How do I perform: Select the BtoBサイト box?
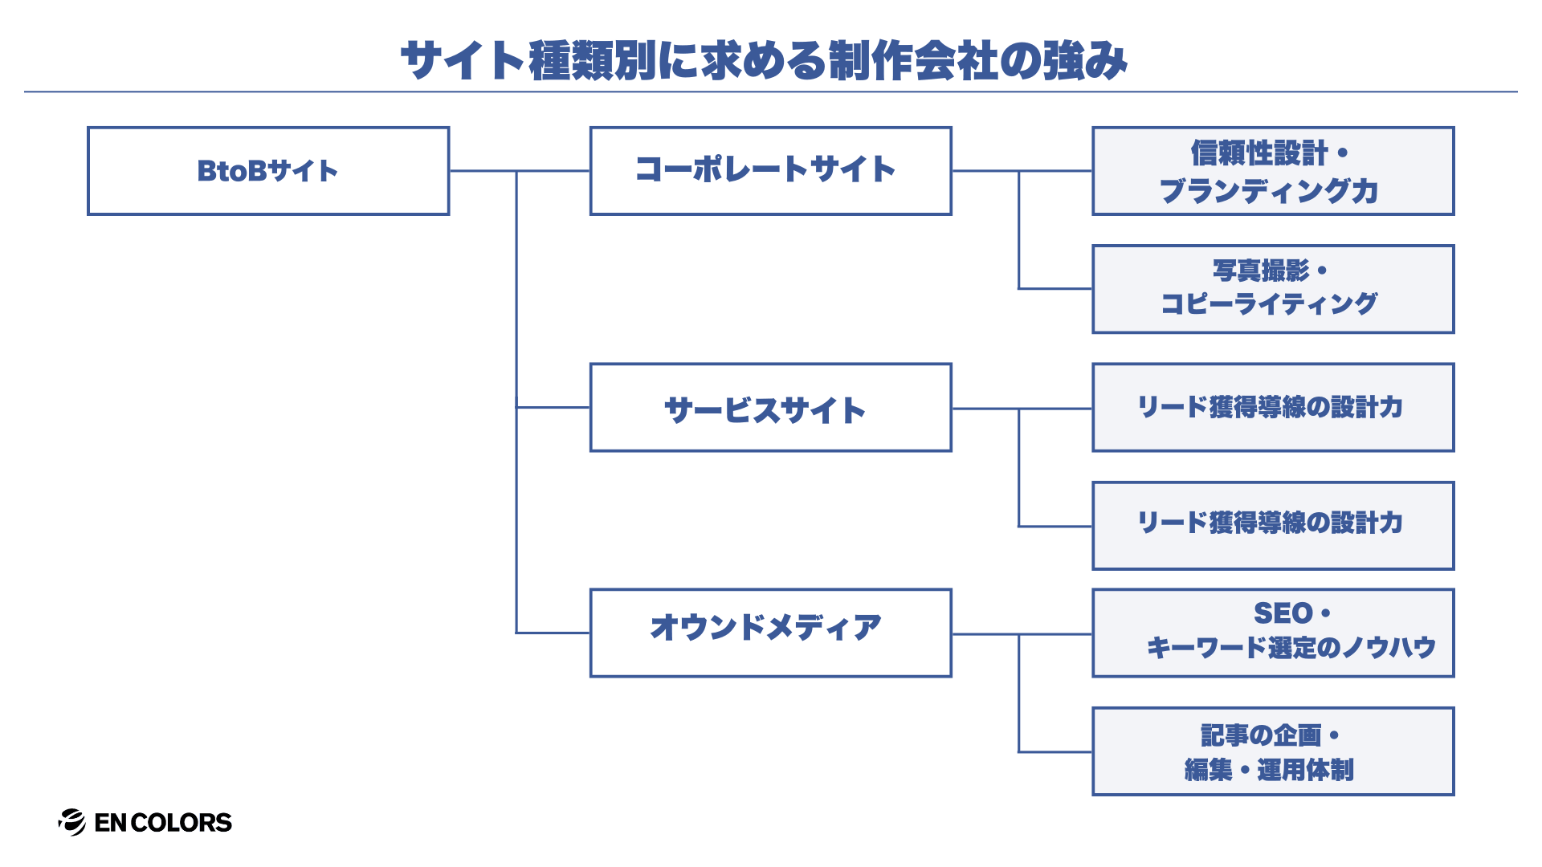click(x=267, y=171)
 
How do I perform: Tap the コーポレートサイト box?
click(x=770, y=171)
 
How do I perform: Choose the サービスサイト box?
click(x=770, y=408)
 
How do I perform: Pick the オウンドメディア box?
click(x=770, y=633)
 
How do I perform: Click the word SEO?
click(x=1283, y=613)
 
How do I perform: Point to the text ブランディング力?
click(x=1269, y=191)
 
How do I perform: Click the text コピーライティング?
click(x=1269, y=303)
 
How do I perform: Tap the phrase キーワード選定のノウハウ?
click(x=1291, y=647)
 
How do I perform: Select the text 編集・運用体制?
click(x=1269, y=770)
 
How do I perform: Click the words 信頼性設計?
click(x=1259, y=153)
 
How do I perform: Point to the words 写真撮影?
click(x=1261, y=271)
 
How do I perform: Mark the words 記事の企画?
click(x=1261, y=735)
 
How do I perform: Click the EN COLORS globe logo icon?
click(x=72, y=822)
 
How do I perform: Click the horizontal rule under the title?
click(x=771, y=92)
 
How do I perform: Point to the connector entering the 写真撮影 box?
click(x=1055, y=288)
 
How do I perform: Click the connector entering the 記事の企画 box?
click(x=1055, y=752)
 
